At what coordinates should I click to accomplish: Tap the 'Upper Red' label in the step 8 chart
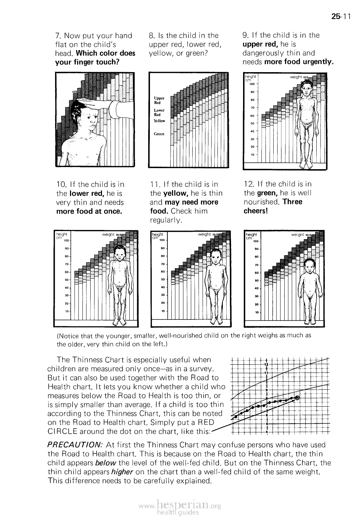click(x=159, y=100)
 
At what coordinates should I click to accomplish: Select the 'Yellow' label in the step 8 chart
click(x=159, y=121)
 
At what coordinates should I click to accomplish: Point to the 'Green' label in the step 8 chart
click(x=159, y=134)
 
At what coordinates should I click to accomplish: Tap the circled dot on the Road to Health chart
click(x=297, y=398)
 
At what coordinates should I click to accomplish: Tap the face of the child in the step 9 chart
click(x=306, y=86)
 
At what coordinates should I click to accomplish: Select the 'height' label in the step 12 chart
click(x=251, y=235)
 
